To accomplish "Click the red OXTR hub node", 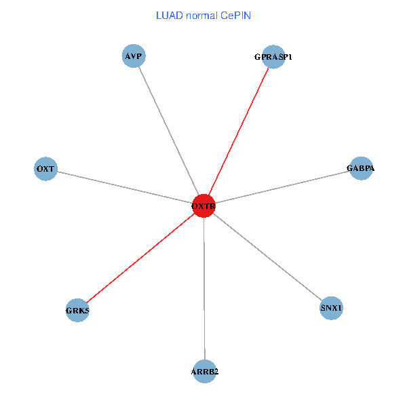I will [203, 206].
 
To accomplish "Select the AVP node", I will [134, 56].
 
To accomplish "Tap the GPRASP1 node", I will [273, 57].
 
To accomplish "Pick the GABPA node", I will [360, 168].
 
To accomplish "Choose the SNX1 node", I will [332, 309].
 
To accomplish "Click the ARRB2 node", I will [204, 371].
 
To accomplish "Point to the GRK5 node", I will [77, 311].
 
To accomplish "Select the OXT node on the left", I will [45, 168].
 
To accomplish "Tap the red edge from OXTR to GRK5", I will [140, 258].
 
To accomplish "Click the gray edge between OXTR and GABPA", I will [282, 187].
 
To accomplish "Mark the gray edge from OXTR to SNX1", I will [267, 257].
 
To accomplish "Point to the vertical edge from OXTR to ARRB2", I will [204, 288].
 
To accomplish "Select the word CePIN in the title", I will [236, 15].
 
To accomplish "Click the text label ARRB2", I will [204, 372].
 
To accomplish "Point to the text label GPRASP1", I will [273, 57].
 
